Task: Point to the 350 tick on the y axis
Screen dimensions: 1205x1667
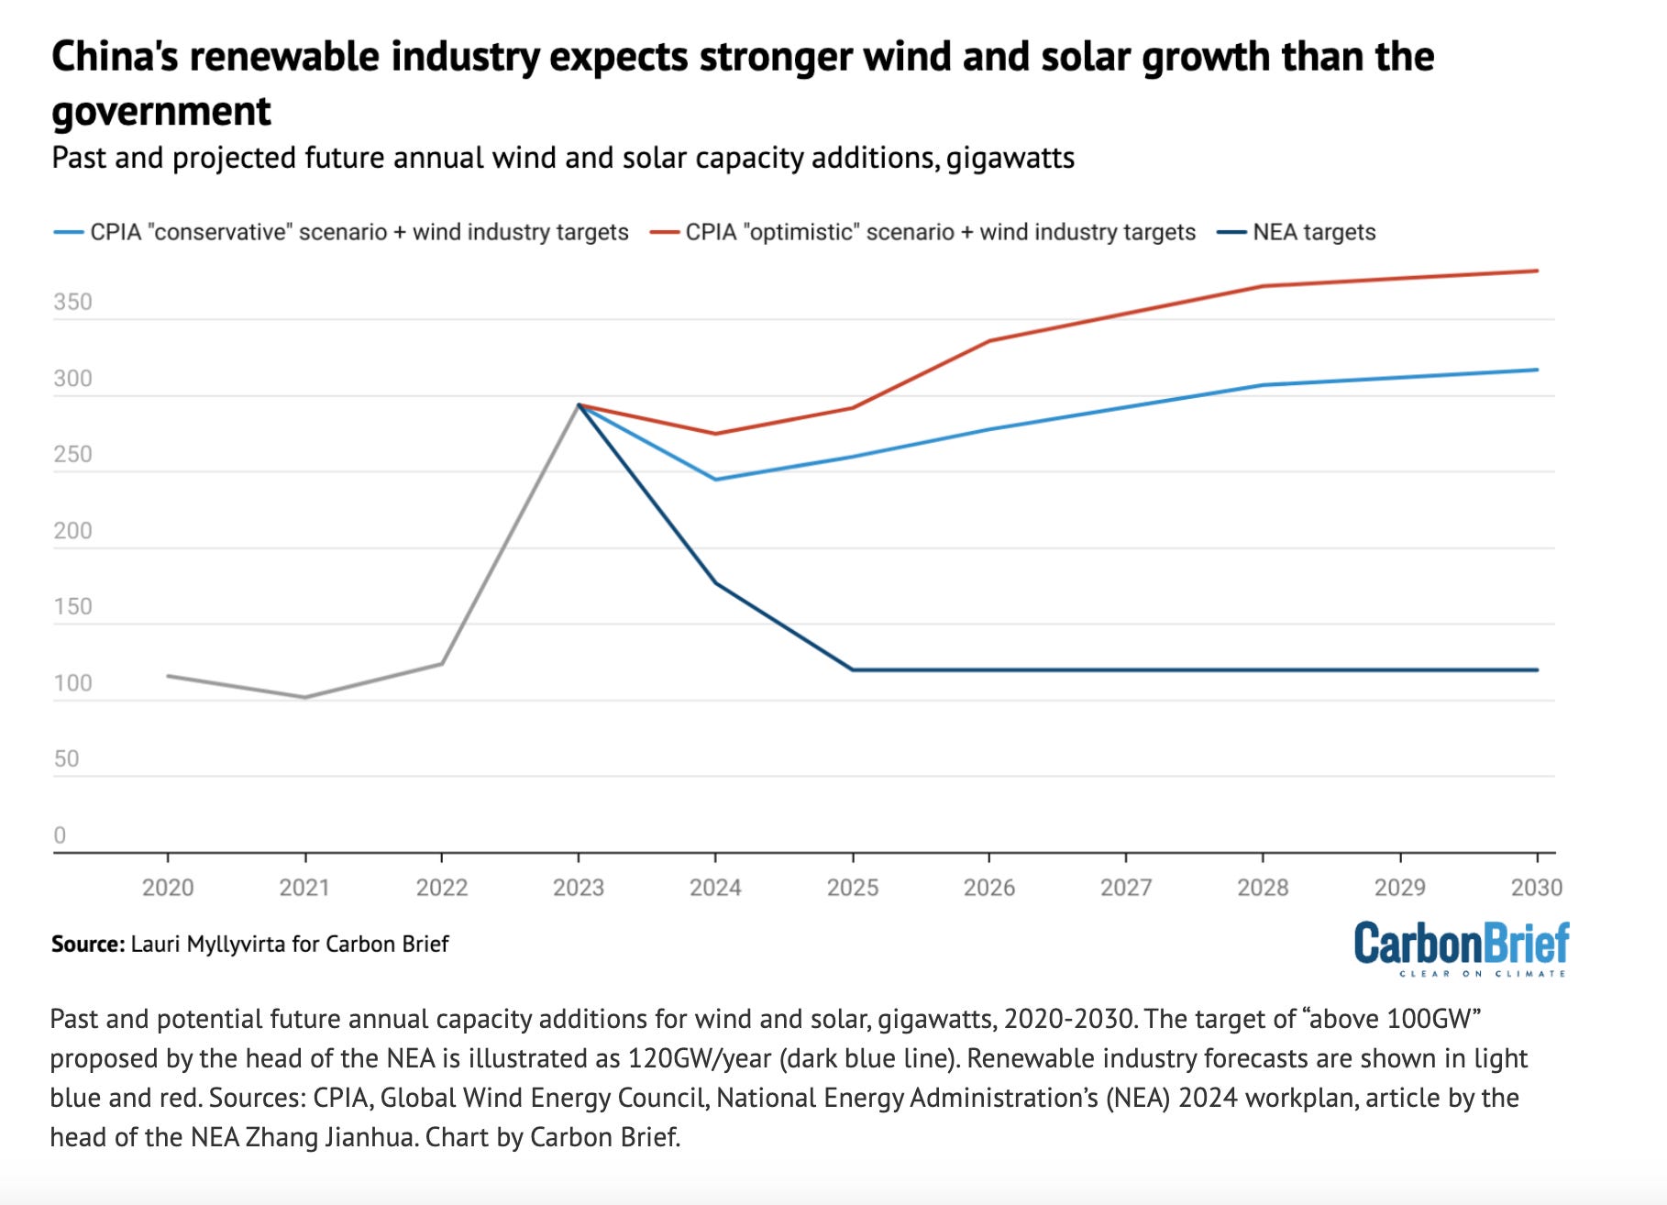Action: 73,302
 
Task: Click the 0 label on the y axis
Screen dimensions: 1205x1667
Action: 60,835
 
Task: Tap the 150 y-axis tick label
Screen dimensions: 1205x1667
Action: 73,606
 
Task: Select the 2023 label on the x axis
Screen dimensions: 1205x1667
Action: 579,887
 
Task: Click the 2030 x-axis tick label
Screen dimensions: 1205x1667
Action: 1536,887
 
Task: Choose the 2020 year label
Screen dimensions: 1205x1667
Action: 168,887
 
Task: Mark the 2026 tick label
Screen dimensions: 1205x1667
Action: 988,887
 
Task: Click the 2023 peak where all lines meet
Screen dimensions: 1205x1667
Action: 579,404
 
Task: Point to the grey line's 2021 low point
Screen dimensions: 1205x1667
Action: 305,698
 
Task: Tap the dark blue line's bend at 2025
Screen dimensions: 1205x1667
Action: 853,669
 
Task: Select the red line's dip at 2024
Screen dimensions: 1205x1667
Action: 715,434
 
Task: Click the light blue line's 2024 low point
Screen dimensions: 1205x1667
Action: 715,480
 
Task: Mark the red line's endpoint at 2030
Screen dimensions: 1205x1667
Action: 1537,271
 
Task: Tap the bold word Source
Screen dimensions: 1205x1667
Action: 87,944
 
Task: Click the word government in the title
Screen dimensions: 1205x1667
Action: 161,112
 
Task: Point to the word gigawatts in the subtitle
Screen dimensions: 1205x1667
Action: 1010,158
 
